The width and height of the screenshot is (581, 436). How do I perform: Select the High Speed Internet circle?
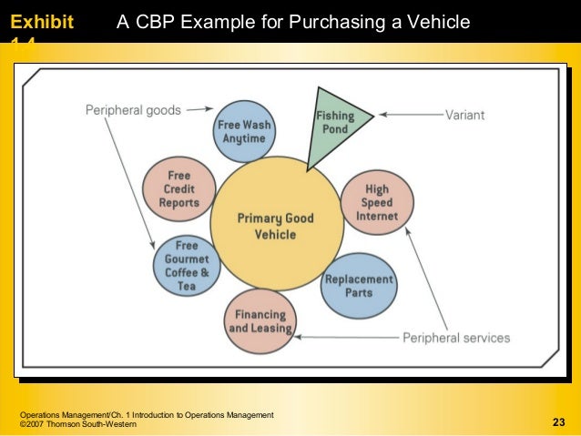376,204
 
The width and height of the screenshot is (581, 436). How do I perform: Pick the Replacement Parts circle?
359,286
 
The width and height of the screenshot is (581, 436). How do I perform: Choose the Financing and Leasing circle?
260,321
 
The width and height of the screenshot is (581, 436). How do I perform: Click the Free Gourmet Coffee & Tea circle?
187,265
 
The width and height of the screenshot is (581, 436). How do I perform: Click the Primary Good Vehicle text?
275,226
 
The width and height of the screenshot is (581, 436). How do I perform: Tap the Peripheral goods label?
133,110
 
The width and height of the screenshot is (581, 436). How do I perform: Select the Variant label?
464,116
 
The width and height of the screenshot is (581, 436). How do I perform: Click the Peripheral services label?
456,338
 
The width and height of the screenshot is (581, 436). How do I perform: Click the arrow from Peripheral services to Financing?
346,337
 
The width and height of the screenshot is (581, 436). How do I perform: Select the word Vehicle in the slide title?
441,20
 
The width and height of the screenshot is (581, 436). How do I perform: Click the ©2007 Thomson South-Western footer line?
78,425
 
